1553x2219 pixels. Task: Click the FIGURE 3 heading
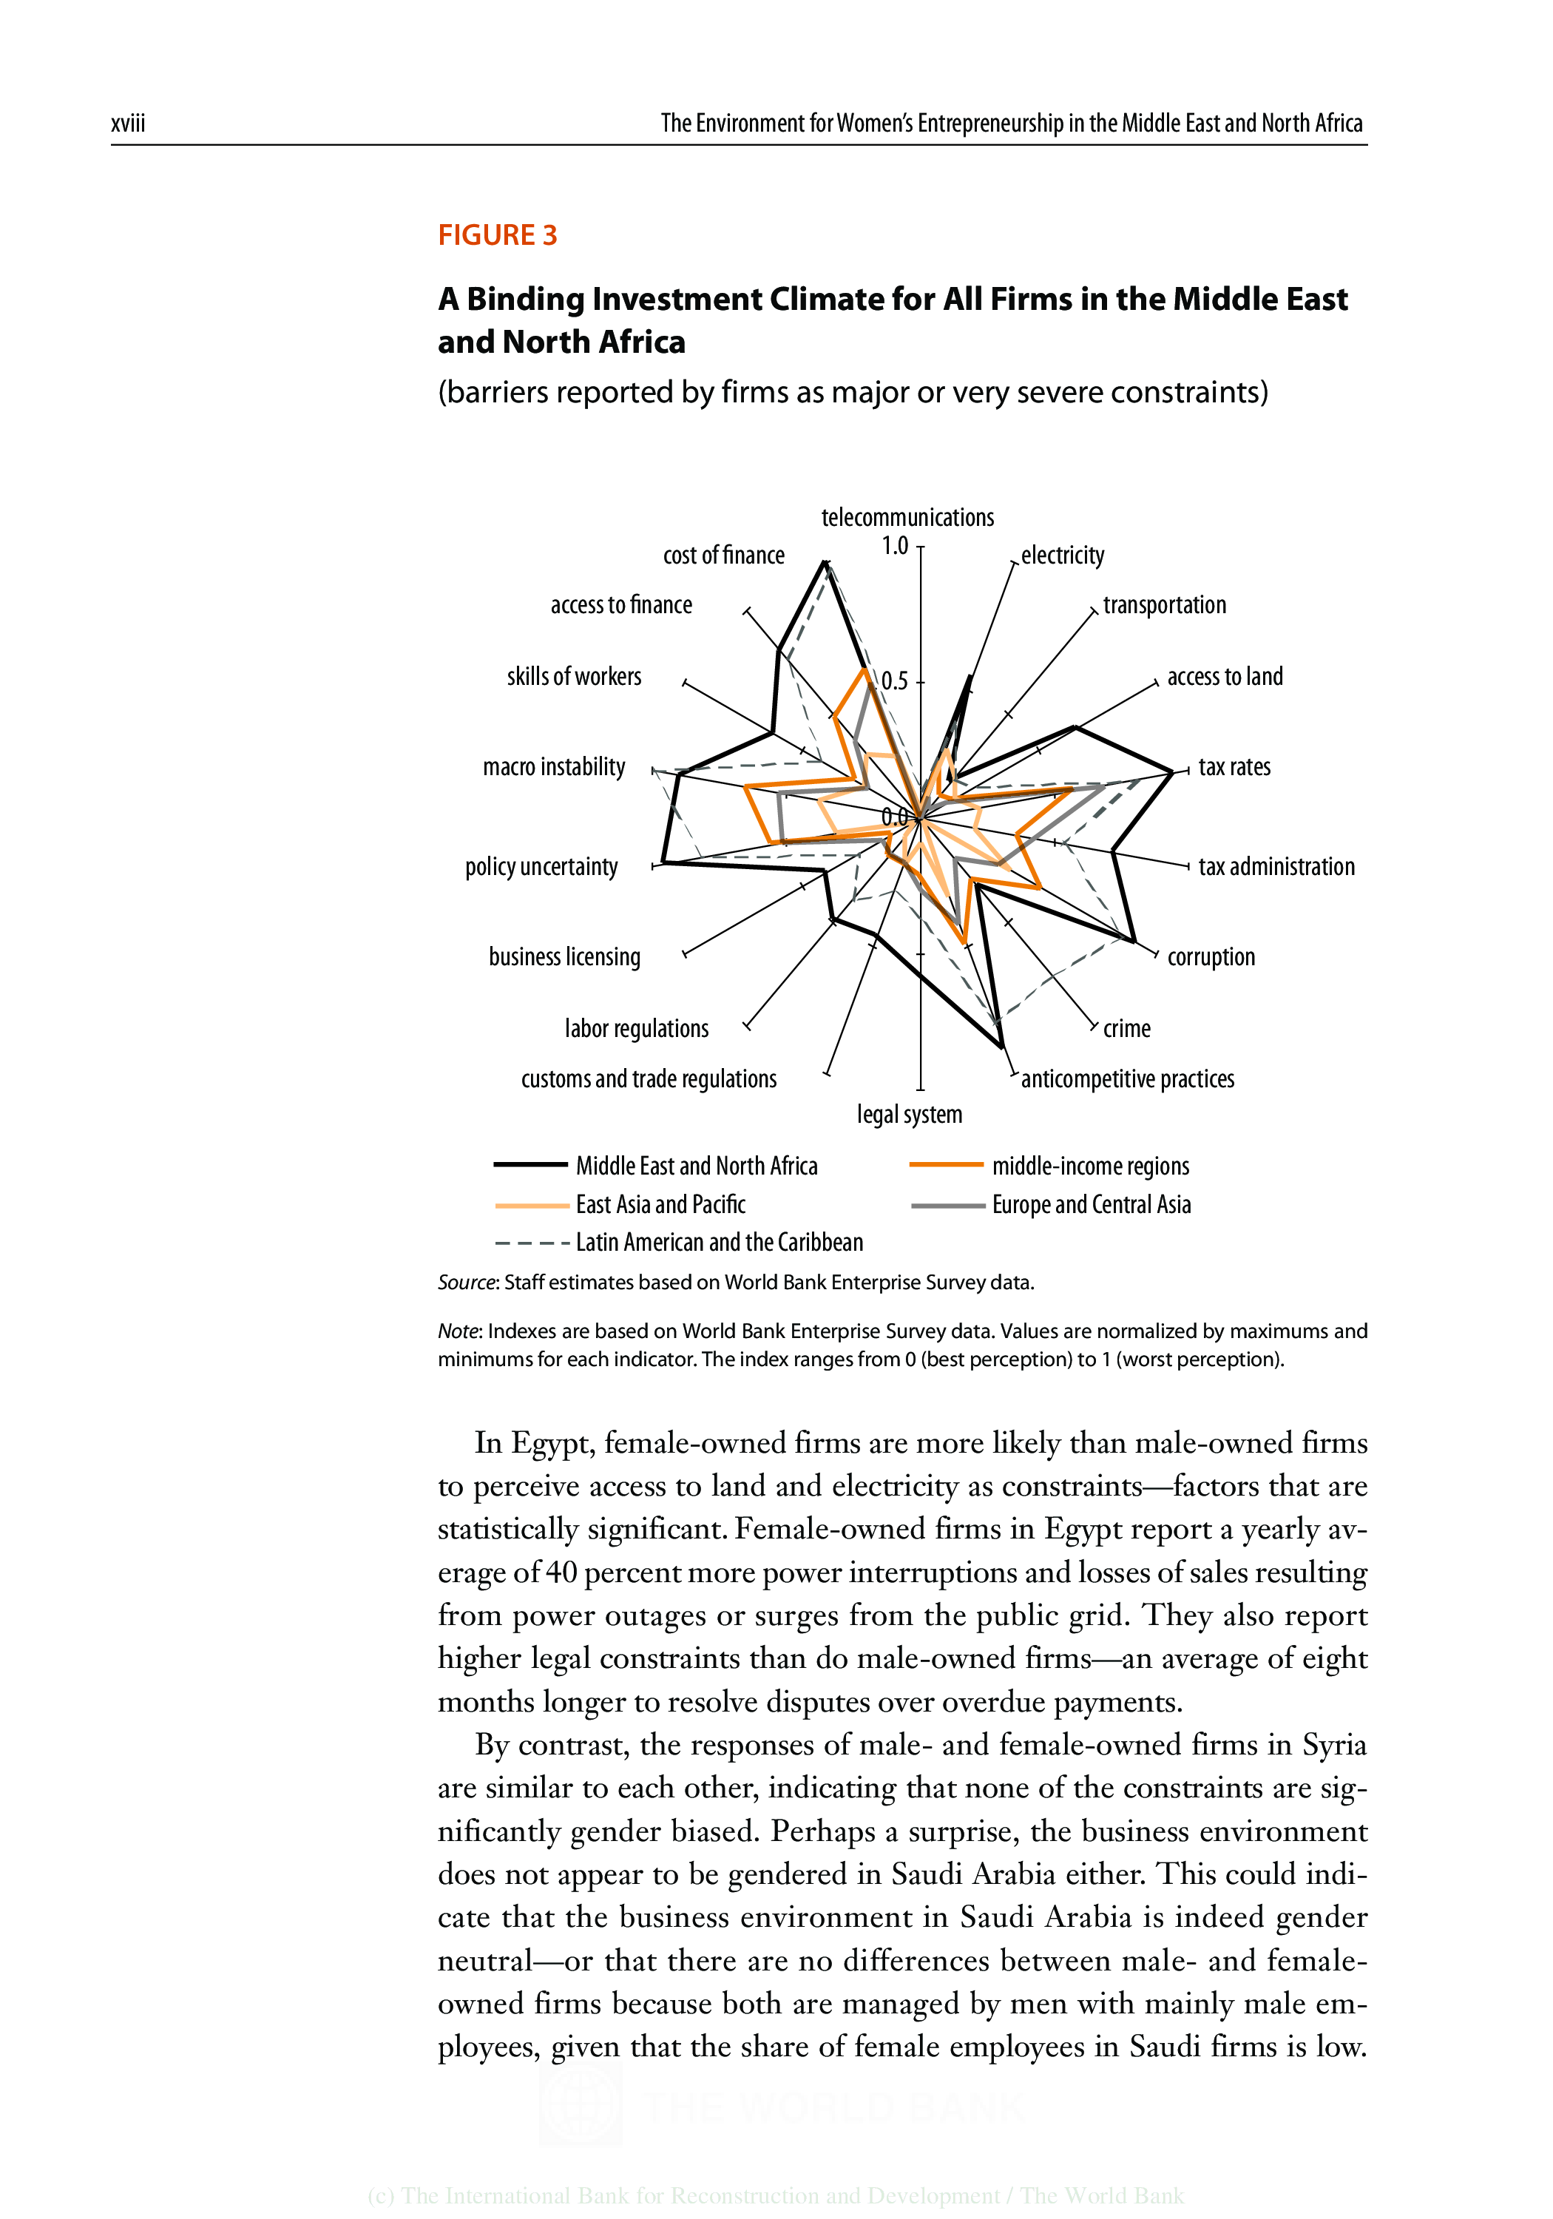pyautogui.click(x=497, y=235)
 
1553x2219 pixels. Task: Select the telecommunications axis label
pyautogui.click(x=907, y=517)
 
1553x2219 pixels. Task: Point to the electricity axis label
pyautogui.click(x=1062, y=555)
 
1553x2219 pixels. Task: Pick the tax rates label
pyautogui.click(x=1234, y=767)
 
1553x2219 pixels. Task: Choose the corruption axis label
pyautogui.click(x=1211, y=957)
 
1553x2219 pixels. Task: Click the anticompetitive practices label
pyautogui.click(x=1127, y=1078)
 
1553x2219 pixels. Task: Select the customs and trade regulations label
pyautogui.click(x=649, y=1078)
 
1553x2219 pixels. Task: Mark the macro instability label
pyautogui.click(x=554, y=767)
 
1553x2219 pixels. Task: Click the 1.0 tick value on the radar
pyautogui.click(x=895, y=546)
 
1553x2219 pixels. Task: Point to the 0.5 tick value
pyautogui.click(x=895, y=681)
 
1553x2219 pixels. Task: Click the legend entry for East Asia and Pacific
pyautogui.click(x=660, y=1204)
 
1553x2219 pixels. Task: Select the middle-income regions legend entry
pyautogui.click(x=1090, y=1166)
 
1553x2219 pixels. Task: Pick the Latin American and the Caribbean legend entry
pyautogui.click(x=719, y=1242)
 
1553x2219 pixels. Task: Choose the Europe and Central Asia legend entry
pyautogui.click(x=1091, y=1204)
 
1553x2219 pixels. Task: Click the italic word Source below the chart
pyautogui.click(x=466, y=1283)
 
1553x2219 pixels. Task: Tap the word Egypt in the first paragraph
pyautogui.click(x=551, y=1443)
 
